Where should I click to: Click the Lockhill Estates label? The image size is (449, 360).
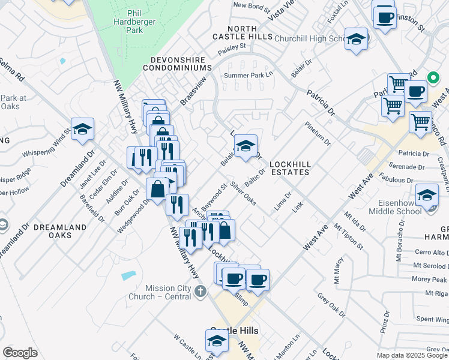pyautogui.click(x=289, y=167)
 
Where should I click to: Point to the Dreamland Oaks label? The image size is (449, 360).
pyautogui.click(x=52, y=231)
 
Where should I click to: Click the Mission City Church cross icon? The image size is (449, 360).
pyautogui.click(x=200, y=292)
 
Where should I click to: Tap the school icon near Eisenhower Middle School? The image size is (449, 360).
pyautogui.click(x=427, y=196)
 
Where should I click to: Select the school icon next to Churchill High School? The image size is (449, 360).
pyautogui.click(x=356, y=39)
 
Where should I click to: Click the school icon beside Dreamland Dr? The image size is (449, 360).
pyautogui.click(x=83, y=128)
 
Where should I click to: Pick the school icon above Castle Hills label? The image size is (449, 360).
pyautogui.click(x=217, y=341)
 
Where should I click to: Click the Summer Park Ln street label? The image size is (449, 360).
pyautogui.click(x=248, y=76)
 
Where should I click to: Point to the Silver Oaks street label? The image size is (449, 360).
pyautogui.click(x=243, y=194)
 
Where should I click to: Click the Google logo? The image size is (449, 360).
pyautogui.click(x=20, y=353)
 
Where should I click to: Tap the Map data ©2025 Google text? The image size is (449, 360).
pyautogui.click(x=412, y=355)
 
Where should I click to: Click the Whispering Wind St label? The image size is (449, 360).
pyautogui.click(x=51, y=147)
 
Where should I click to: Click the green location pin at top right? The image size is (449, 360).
pyautogui.click(x=432, y=77)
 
